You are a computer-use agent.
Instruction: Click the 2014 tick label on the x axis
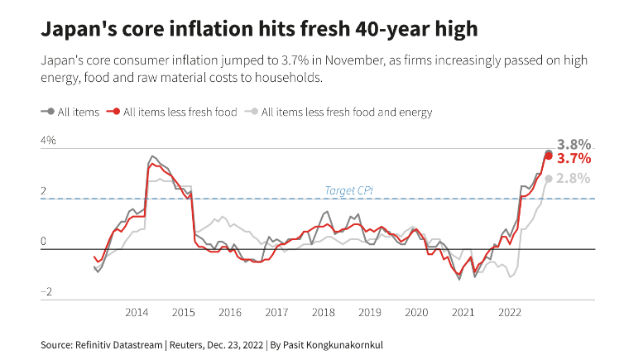pyautogui.click(x=137, y=312)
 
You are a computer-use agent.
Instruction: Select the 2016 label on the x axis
pyautogui.click(x=230, y=312)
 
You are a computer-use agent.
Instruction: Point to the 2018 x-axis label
pyautogui.click(x=324, y=312)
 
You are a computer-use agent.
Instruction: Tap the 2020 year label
pyautogui.click(x=416, y=312)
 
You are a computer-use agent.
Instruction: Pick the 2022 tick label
pyautogui.click(x=509, y=312)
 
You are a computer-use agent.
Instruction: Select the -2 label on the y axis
pyautogui.click(x=47, y=291)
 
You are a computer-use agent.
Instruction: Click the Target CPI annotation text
pyautogui.click(x=348, y=190)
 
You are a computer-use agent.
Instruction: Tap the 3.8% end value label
pyautogui.click(x=574, y=144)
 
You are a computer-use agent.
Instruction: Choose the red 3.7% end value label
pyautogui.click(x=574, y=158)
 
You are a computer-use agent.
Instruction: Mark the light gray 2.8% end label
pyautogui.click(x=574, y=178)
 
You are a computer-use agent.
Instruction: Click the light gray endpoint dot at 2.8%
pyautogui.click(x=549, y=179)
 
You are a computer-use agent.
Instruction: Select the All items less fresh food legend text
pyautogui.click(x=180, y=111)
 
